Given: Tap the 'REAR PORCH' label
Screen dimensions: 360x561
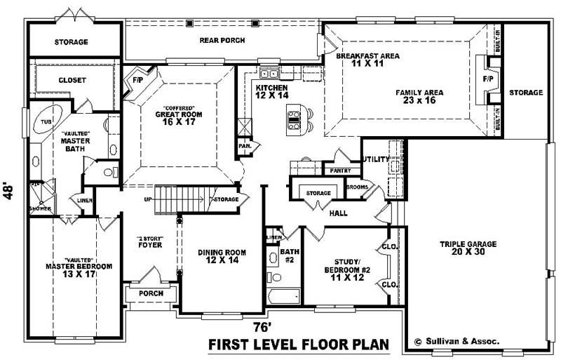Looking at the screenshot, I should [222, 41].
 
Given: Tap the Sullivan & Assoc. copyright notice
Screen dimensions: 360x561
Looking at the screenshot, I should [456, 341].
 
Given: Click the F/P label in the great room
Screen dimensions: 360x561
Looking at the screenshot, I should [137, 81].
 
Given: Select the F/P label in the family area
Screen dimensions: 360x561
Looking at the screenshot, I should [488, 79].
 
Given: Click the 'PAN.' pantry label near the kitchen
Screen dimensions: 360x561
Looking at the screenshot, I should [245, 147].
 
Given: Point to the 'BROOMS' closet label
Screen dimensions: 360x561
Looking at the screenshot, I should [356, 188].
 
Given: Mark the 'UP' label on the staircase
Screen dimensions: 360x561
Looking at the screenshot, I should [148, 199].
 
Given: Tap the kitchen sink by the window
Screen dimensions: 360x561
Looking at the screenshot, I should [269, 73].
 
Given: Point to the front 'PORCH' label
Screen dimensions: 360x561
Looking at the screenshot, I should [151, 293].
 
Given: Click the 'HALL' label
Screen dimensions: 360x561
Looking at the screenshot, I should [339, 213].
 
